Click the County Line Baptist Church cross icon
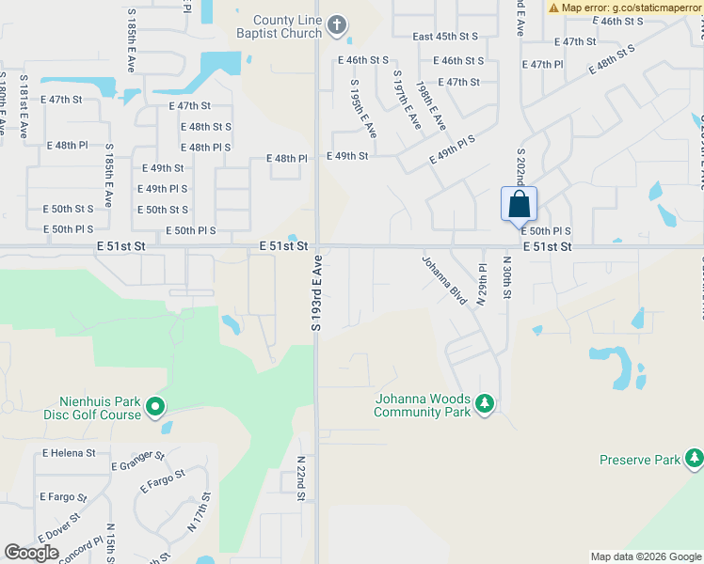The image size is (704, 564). [338, 27]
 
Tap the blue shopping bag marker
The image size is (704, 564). [519, 204]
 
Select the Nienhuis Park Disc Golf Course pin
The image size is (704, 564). [155, 407]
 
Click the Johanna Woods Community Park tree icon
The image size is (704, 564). [485, 403]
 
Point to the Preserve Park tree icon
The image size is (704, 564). [695, 459]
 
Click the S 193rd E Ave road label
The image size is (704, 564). [317, 291]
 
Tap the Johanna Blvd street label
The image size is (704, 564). [444, 280]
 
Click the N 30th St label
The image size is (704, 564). [506, 278]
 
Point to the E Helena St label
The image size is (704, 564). [69, 453]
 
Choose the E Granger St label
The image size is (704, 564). [137, 461]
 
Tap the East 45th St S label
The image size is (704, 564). [445, 37]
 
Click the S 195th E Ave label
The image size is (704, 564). [363, 109]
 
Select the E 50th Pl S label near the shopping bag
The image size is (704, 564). [546, 230]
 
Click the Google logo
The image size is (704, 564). [32, 553]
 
